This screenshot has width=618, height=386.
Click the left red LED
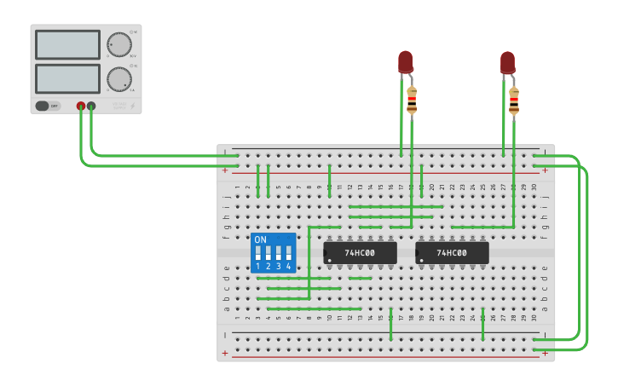pos(405,61)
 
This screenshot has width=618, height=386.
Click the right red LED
pos(507,61)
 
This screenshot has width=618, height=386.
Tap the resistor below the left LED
pos(412,100)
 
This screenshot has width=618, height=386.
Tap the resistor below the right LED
pos(514,100)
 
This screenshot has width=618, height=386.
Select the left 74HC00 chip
pos(360,252)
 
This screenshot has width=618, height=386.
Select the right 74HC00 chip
pos(452,252)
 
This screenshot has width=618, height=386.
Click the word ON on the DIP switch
pos(261,240)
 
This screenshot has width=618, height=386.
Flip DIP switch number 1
pos(258,254)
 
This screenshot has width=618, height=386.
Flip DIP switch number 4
pos(289,254)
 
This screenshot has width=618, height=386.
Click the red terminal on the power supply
pos(81,107)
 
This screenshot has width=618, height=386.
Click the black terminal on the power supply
pos(91,107)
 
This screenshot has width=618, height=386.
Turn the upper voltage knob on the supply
pos(118,44)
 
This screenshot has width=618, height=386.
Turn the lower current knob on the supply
pos(118,79)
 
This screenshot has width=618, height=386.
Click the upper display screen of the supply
pos(67,44)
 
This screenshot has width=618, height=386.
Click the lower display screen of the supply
pos(67,78)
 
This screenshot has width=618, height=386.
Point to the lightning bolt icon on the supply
pos(131,107)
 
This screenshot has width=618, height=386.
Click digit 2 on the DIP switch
pos(269,267)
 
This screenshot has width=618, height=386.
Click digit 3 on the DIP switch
pos(279,267)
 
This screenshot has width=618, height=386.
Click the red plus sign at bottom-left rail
pos(225,353)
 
